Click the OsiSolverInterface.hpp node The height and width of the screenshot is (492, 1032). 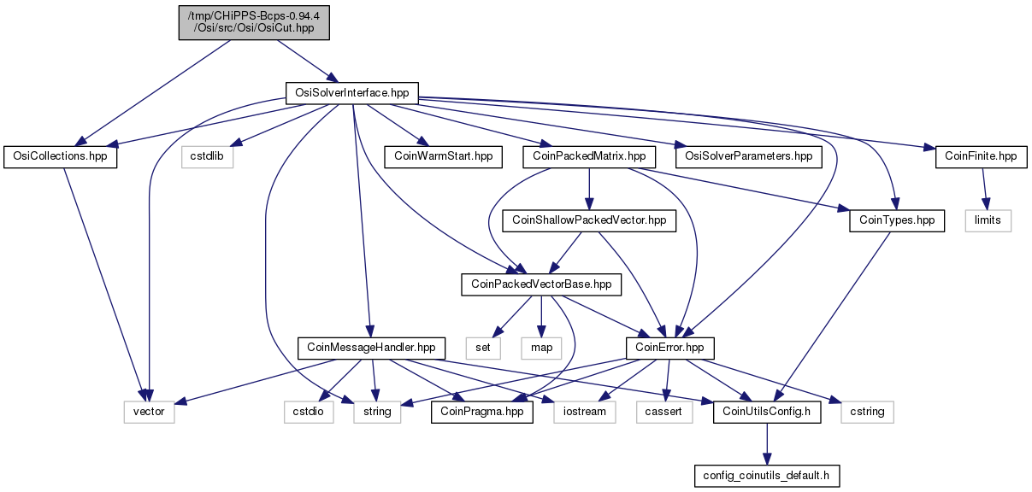click(352, 93)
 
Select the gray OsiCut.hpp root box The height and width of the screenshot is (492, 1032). click(254, 22)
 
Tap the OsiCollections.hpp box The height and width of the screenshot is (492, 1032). click(61, 157)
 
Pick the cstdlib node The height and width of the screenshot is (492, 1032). click(207, 157)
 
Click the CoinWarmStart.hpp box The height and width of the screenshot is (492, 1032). click(443, 157)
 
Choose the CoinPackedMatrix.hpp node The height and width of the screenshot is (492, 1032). click(589, 157)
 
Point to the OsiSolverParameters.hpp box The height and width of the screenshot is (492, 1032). click(749, 157)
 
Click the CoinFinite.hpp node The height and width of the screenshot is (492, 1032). click(982, 157)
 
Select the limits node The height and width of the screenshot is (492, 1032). click(988, 221)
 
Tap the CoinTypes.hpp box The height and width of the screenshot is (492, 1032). click(897, 221)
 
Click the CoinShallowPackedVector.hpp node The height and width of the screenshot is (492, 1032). click(589, 221)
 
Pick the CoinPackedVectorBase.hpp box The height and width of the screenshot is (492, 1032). click(541, 285)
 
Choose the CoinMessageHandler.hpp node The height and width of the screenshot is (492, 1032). click(371, 348)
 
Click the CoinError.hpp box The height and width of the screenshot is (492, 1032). click(669, 348)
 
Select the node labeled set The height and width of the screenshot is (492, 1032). click(483, 348)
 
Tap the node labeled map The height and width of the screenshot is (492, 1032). click(541, 348)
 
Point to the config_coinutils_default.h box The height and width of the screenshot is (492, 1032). click(767, 476)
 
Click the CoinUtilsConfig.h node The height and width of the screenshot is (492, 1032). click(767, 413)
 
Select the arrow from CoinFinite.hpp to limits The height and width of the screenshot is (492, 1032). click(984, 189)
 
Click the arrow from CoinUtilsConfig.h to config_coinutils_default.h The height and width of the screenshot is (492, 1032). click(767, 444)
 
